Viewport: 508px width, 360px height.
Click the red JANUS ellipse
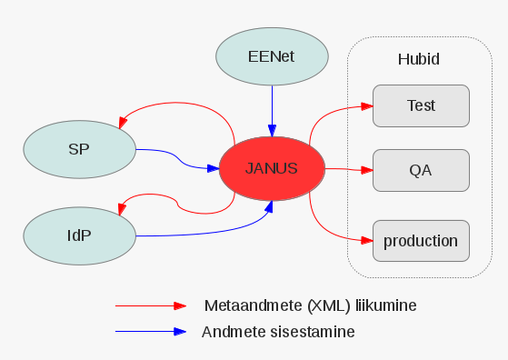(272, 169)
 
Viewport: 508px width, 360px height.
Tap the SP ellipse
(78, 147)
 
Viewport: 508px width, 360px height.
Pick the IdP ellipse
(78, 235)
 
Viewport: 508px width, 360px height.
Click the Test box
(421, 105)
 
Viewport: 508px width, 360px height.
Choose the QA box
(421, 170)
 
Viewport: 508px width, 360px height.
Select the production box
(421, 241)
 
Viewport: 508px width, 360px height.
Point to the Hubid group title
(419, 59)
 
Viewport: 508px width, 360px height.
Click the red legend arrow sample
(149, 306)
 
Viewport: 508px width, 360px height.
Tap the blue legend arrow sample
(149, 332)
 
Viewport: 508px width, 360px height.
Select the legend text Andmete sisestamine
(278, 332)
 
